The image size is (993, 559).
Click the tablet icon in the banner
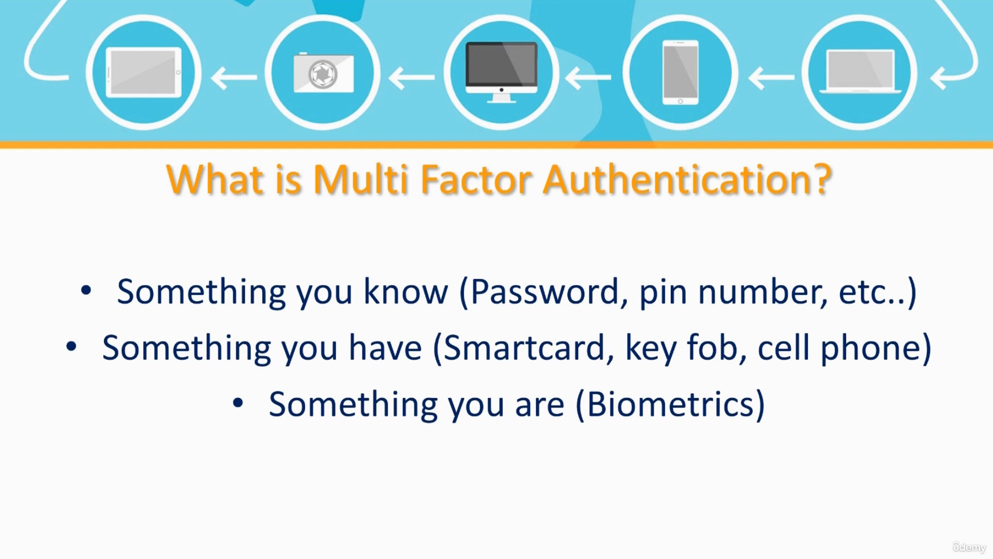pos(144,72)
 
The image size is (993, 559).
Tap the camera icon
pos(324,73)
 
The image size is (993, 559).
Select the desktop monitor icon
pos(501,72)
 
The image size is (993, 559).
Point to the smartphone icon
pos(680,72)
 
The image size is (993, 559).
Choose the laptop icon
pos(861,71)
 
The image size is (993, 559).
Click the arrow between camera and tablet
pos(234,78)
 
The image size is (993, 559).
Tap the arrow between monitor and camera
pos(412,78)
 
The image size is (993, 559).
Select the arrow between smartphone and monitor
pos(588,78)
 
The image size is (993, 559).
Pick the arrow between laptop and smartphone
pos(771,78)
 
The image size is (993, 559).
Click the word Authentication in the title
pos(687,180)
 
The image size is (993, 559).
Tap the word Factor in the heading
pos(476,180)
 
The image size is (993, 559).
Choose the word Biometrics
pos(670,404)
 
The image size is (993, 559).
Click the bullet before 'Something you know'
pos(86,290)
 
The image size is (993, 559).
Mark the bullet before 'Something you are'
pos(238,403)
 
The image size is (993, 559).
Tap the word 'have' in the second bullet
pos(385,348)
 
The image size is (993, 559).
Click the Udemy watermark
pos(969,547)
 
